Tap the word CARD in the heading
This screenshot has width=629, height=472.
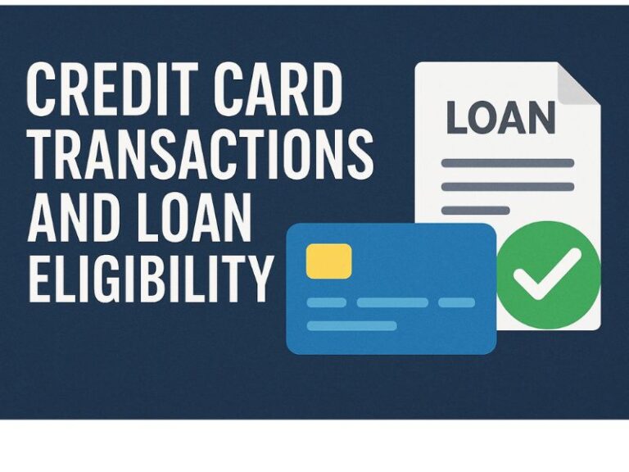click(278, 90)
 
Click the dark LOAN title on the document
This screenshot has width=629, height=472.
click(501, 118)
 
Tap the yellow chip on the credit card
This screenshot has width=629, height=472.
click(329, 261)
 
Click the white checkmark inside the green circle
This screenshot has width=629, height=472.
click(547, 274)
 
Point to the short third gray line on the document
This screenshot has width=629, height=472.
click(475, 211)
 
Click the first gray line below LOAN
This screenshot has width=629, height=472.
click(508, 163)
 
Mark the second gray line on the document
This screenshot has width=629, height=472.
click(508, 187)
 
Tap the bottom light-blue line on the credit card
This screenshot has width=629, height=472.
click(352, 325)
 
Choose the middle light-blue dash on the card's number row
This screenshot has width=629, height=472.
click(392, 302)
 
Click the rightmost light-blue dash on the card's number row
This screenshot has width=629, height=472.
click(456, 302)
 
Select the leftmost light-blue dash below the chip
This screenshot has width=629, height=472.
click(327, 302)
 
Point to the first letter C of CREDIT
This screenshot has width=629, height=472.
click(41, 90)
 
